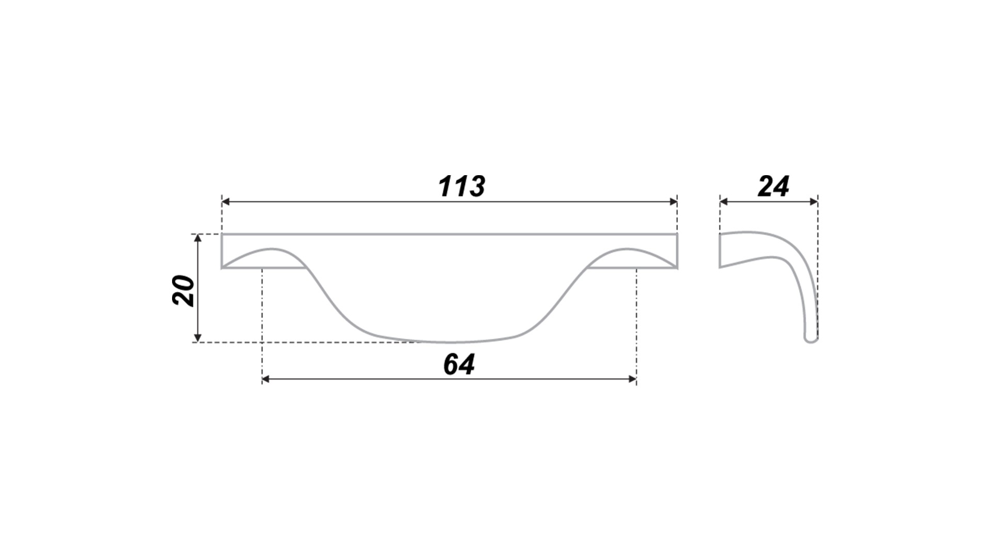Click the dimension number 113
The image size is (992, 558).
click(461, 186)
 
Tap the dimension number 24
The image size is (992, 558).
click(773, 186)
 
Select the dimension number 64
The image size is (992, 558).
click(459, 364)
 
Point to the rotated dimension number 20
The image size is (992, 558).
click(183, 291)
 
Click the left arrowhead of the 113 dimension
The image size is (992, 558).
click(226, 202)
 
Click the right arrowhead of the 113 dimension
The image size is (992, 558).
click(673, 202)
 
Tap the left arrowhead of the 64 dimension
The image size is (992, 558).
click(266, 379)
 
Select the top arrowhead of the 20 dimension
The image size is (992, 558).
click(197, 238)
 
